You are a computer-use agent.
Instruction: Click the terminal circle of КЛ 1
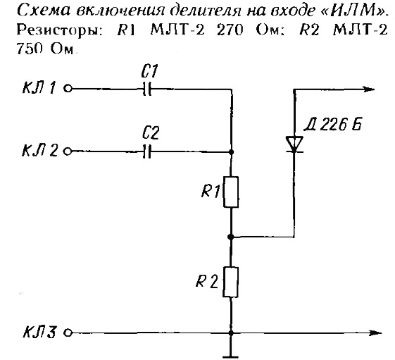[x=68, y=89]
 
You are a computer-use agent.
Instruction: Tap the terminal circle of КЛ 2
[x=68, y=151]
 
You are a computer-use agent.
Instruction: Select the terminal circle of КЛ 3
[x=68, y=333]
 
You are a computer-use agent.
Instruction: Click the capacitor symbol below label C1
[x=147, y=89]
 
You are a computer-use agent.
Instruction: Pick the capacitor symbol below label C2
[x=147, y=151]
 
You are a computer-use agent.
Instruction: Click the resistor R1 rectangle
[x=231, y=192]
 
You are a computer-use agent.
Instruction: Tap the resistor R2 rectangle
[x=230, y=283]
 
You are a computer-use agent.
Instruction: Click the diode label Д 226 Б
[x=332, y=124]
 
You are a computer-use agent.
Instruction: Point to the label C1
[x=149, y=71]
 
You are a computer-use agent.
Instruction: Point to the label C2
[x=151, y=133]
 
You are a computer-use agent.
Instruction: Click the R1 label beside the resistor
[x=211, y=192]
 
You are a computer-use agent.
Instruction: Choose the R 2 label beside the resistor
[x=206, y=281]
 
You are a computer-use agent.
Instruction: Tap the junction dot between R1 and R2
[x=230, y=237]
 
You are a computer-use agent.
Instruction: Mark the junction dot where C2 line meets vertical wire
[x=231, y=152]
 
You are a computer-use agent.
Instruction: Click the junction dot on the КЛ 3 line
[x=231, y=333]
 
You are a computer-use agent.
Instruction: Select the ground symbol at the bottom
[x=230, y=356]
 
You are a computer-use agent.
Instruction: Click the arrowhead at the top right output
[x=368, y=89]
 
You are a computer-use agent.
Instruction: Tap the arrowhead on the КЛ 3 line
[x=375, y=333]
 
